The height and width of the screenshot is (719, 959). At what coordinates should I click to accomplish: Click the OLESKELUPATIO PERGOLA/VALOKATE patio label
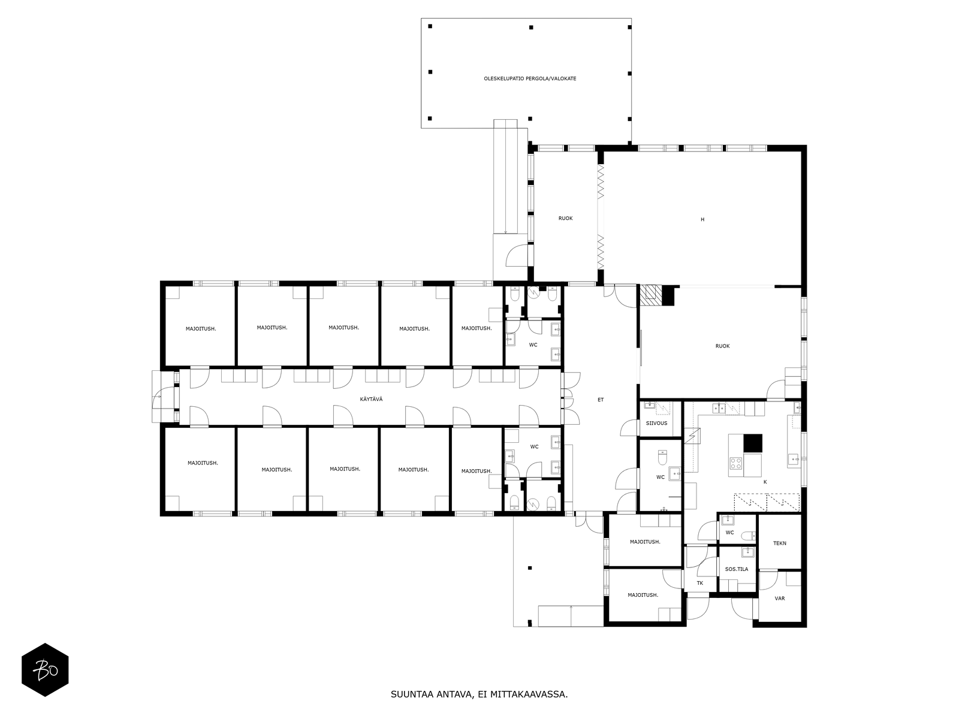coord(529,78)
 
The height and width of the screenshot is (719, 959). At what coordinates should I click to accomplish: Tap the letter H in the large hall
coord(702,219)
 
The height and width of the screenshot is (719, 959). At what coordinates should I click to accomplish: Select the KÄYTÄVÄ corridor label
coord(371,399)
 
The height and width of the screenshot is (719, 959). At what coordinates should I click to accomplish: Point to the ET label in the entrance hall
coord(601,400)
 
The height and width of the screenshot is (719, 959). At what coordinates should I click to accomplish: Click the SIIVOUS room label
coord(656,423)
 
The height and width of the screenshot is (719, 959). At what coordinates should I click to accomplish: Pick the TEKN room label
coord(779,543)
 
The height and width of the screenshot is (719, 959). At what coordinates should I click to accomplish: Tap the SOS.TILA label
coord(736,569)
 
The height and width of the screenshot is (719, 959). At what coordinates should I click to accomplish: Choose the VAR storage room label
coord(779,599)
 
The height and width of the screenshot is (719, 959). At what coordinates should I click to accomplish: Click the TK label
coord(700,583)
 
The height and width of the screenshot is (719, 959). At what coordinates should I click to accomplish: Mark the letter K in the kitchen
coord(765,482)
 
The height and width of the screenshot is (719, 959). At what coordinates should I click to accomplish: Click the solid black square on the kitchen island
coord(753,443)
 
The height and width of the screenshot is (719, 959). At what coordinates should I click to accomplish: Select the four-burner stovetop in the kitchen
coord(736,463)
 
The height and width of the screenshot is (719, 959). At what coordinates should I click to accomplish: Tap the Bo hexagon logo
coord(45,670)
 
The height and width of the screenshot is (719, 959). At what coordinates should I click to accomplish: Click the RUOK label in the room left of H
coord(565,218)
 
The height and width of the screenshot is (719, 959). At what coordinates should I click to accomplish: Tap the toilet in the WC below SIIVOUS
coord(662,458)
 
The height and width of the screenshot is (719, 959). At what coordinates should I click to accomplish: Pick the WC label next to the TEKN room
coord(729,533)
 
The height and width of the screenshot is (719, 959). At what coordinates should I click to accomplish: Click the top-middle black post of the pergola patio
coord(531,27)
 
